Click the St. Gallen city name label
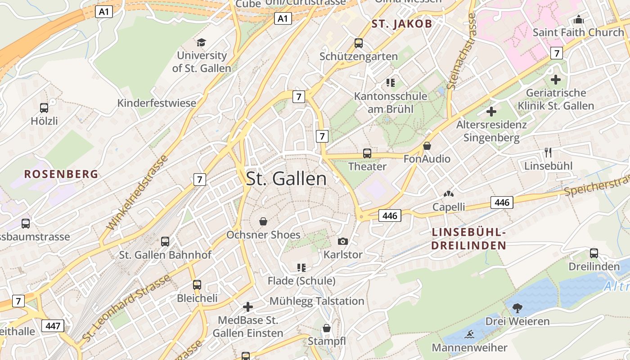click(286, 179)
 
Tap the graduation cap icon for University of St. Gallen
click(201, 42)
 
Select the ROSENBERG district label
click(61, 174)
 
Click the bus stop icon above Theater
click(367, 153)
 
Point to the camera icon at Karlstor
click(343, 242)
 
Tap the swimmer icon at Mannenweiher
click(470, 334)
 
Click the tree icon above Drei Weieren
click(517, 308)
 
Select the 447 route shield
click(53, 326)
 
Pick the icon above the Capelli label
click(448, 194)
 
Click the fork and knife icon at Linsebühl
click(548, 153)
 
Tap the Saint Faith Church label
click(578, 32)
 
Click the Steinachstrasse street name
click(460, 51)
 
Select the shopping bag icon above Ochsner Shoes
click(263, 221)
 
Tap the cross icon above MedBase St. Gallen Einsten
click(247, 307)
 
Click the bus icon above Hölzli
click(44, 108)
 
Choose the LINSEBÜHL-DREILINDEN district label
click(468, 239)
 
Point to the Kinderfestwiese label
click(157, 103)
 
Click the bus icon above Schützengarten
click(359, 43)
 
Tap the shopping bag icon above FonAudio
click(427, 146)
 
